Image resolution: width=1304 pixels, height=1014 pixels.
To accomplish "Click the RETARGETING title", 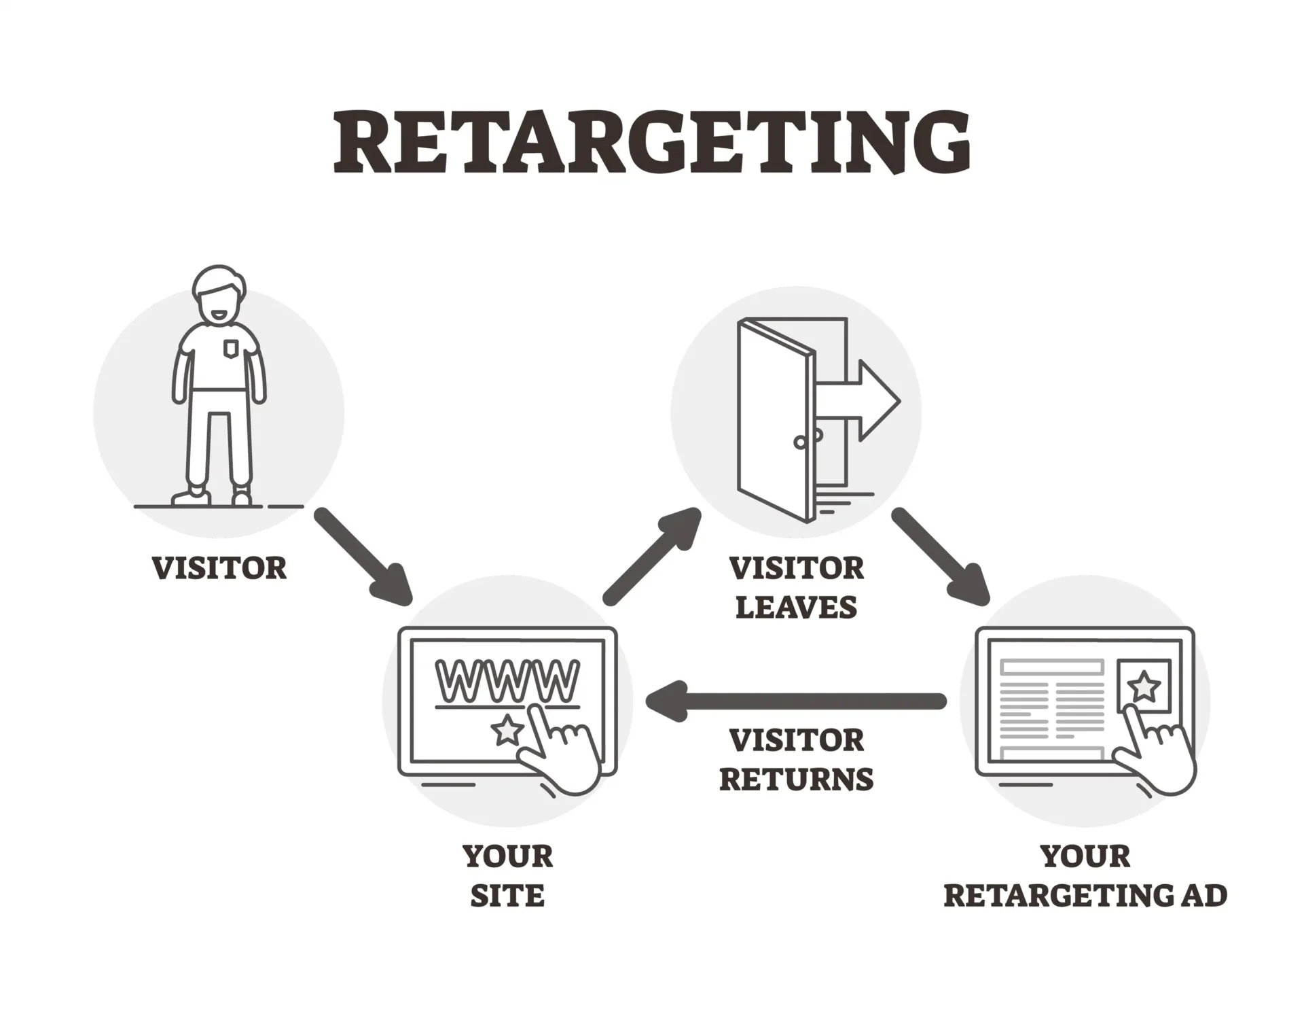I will click(651, 143).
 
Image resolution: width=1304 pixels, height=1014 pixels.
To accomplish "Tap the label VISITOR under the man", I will click(219, 568).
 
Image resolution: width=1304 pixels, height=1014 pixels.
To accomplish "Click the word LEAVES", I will click(796, 607).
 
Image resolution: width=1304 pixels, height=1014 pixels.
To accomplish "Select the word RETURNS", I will click(796, 779).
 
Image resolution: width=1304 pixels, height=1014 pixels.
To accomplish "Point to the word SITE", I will click(507, 896).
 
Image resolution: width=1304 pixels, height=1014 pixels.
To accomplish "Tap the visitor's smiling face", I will click(217, 306).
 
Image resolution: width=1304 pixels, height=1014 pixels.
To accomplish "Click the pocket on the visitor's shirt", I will click(231, 349).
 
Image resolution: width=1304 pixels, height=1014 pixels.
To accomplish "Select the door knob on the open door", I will click(801, 442).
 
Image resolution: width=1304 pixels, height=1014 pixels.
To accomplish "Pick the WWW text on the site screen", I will click(507, 680).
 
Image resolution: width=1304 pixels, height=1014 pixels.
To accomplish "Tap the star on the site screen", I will click(507, 731).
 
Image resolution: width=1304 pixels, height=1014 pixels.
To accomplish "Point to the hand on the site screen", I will click(564, 754).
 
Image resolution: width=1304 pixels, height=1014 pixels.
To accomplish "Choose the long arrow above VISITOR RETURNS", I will click(795, 701).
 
